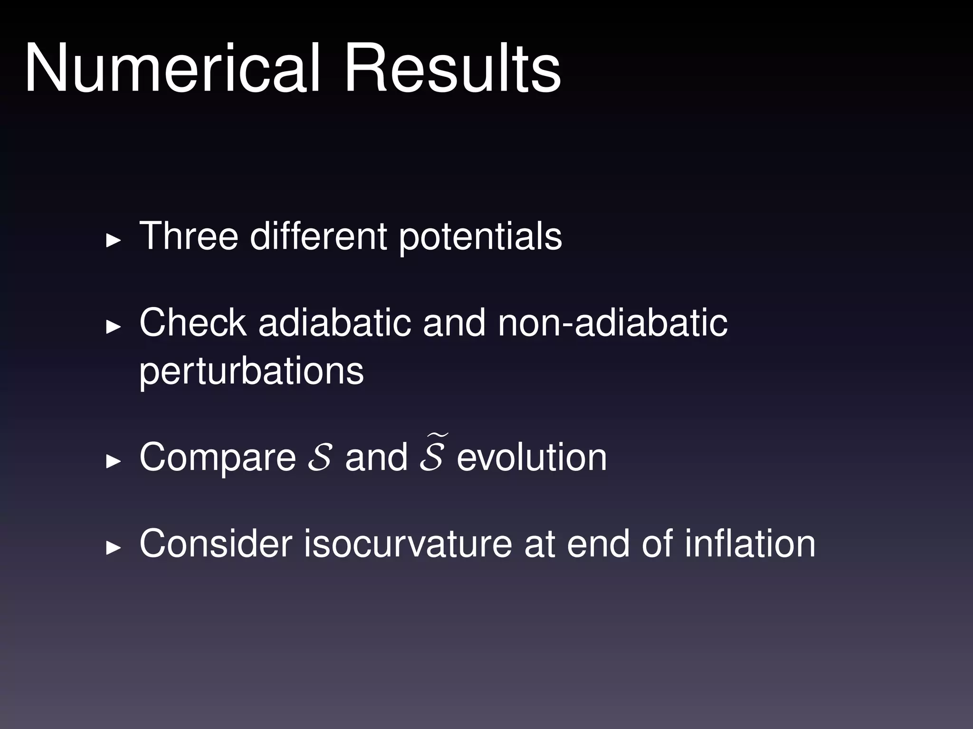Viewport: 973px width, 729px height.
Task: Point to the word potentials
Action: point(480,237)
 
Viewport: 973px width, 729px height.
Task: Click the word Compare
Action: point(218,458)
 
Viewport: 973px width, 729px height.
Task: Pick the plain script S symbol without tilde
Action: point(319,458)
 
